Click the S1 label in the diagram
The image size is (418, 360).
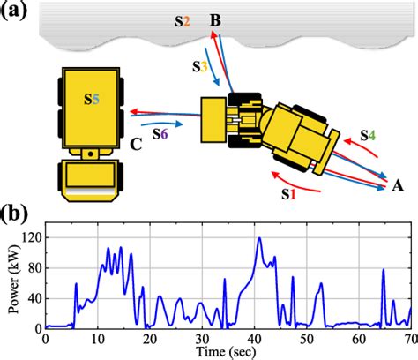289,194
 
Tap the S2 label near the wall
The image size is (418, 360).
183,21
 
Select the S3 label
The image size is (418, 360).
200,67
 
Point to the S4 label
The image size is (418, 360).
368,135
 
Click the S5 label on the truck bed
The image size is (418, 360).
92,100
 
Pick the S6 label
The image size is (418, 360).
160,134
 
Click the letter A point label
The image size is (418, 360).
398,186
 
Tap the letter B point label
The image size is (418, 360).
215,21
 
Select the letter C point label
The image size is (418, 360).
136,145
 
